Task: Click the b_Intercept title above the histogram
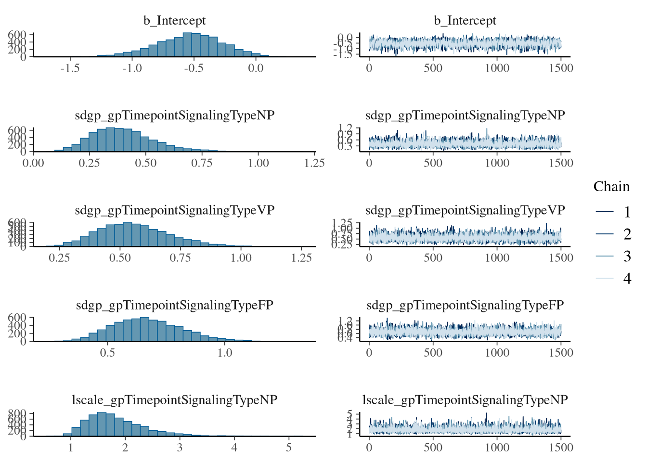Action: pos(174,21)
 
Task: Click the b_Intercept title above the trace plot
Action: pos(465,21)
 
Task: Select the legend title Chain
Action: pos(611,187)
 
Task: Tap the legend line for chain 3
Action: pos(605,256)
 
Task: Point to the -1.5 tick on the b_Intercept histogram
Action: pos(70,68)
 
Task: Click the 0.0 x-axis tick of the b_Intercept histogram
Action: pos(256,68)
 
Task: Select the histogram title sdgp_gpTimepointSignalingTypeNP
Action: pos(174,115)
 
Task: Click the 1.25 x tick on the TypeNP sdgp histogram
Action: pos(314,163)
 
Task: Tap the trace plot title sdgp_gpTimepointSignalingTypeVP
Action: pos(465,210)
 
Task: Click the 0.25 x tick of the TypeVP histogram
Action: pos(59,258)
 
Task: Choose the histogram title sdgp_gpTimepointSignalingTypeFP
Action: pos(174,305)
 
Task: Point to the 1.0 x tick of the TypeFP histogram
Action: pos(225,353)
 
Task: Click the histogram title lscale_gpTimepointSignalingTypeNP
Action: pos(174,400)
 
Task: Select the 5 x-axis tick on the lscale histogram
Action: pos(289,448)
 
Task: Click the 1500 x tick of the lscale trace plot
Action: pos(561,448)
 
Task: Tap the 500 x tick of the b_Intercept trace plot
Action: pos(433,68)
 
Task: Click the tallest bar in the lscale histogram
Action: pos(102,424)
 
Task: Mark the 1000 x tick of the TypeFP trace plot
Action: pos(497,353)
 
